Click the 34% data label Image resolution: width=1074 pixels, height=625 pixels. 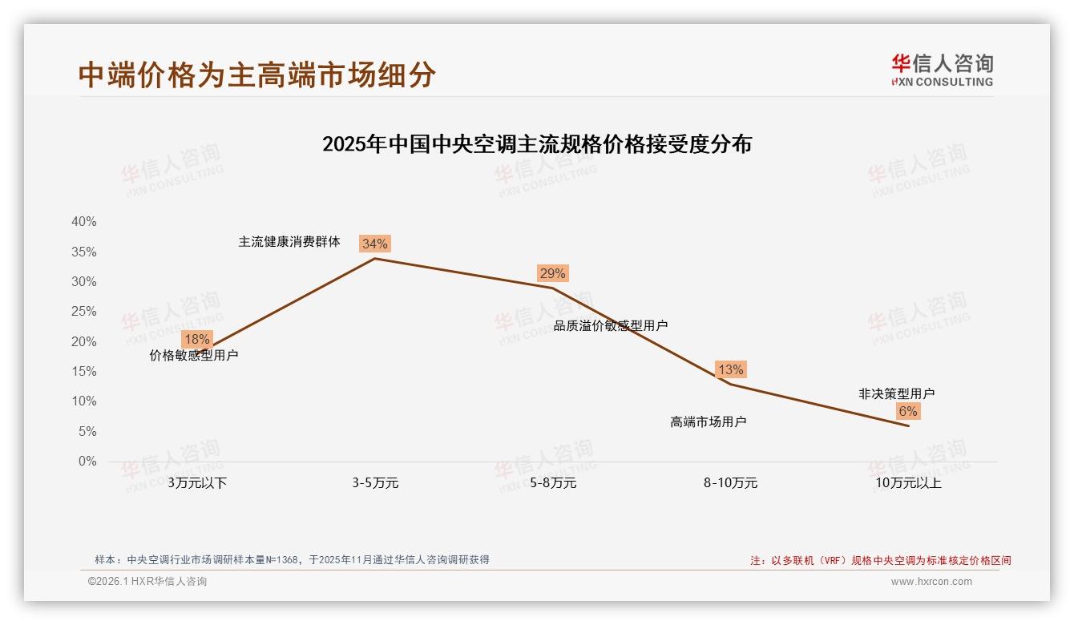374,244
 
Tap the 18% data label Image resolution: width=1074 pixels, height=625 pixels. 196,339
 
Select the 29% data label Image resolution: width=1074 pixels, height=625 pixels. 552,273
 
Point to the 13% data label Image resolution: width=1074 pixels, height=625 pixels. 730,369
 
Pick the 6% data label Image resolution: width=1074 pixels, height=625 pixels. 907,411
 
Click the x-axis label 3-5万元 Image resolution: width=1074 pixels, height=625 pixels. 375,483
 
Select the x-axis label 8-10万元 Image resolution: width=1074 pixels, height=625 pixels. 730,483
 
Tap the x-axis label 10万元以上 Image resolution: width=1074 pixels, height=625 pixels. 908,483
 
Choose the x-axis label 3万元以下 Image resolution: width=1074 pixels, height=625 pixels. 197,483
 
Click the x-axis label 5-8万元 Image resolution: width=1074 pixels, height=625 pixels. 553,483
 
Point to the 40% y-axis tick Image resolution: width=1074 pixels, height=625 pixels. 84,222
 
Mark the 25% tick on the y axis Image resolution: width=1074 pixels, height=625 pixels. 84,312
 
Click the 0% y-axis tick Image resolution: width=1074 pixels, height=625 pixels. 87,462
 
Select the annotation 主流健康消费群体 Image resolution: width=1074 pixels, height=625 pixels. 289,241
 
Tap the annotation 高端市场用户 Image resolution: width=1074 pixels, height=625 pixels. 709,421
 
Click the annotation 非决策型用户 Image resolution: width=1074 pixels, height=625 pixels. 896,393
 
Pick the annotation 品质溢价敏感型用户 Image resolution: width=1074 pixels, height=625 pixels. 611,325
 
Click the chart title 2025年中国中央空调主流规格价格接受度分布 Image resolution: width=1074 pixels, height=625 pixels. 537,144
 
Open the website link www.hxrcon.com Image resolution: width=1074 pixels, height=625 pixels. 931,582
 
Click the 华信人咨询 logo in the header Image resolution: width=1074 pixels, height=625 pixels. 942,70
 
